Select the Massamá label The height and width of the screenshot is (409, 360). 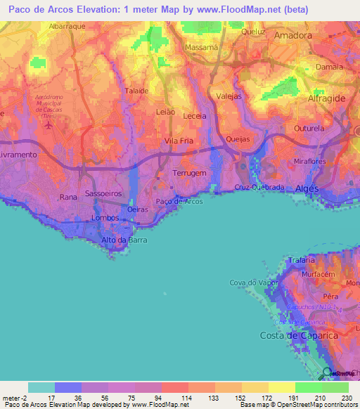coord(202,47)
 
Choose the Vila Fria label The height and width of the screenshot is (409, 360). coord(178,141)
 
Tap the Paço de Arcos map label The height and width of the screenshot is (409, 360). coord(179,201)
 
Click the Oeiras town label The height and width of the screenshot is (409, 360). coord(138,209)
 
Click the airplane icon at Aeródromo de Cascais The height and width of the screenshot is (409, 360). coord(48,126)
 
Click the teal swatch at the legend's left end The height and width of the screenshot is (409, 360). coord(41,387)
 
